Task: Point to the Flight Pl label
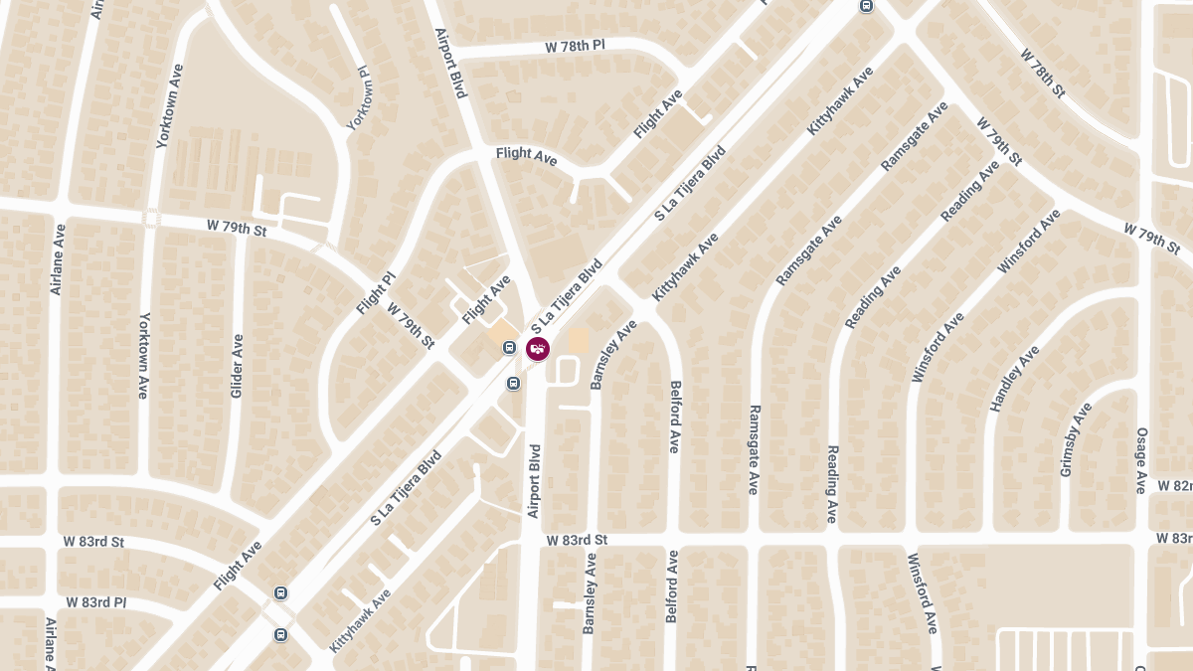[376, 293]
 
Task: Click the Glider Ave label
[237, 366]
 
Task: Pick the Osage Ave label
[1141, 460]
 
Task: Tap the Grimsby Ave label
[1076, 439]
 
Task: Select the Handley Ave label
[1014, 379]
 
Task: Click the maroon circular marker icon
[537, 348]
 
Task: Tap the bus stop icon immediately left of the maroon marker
[509, 348]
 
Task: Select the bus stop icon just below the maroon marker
[513, 383]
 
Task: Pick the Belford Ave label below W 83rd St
[672, 587]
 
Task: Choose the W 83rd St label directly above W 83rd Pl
[93, 542]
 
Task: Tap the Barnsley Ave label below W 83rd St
[591, 593]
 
